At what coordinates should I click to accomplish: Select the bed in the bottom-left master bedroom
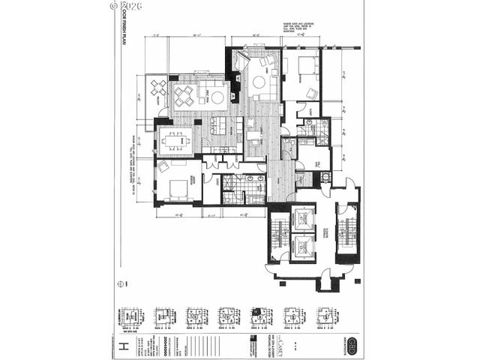point(178,187)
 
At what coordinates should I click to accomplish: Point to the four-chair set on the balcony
point(158,88)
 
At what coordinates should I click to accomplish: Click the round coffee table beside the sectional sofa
point(217,97)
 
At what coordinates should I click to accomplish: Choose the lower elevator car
point(304,244)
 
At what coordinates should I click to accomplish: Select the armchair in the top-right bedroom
point(312,94)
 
